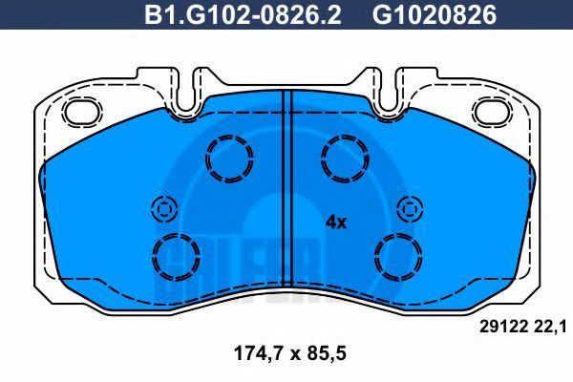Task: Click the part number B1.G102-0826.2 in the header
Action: (x=243, y=15)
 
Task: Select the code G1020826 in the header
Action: (x=435, y=15)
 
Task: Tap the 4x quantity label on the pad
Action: (x=336, y=222)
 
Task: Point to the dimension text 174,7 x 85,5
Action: (x=289, y=354)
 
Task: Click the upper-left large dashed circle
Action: (x=229, y=137)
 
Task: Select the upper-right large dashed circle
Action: (x=345, y=137)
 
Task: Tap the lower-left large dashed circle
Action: (x=176, y=234)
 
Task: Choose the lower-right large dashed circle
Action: (x=398, y=234)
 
